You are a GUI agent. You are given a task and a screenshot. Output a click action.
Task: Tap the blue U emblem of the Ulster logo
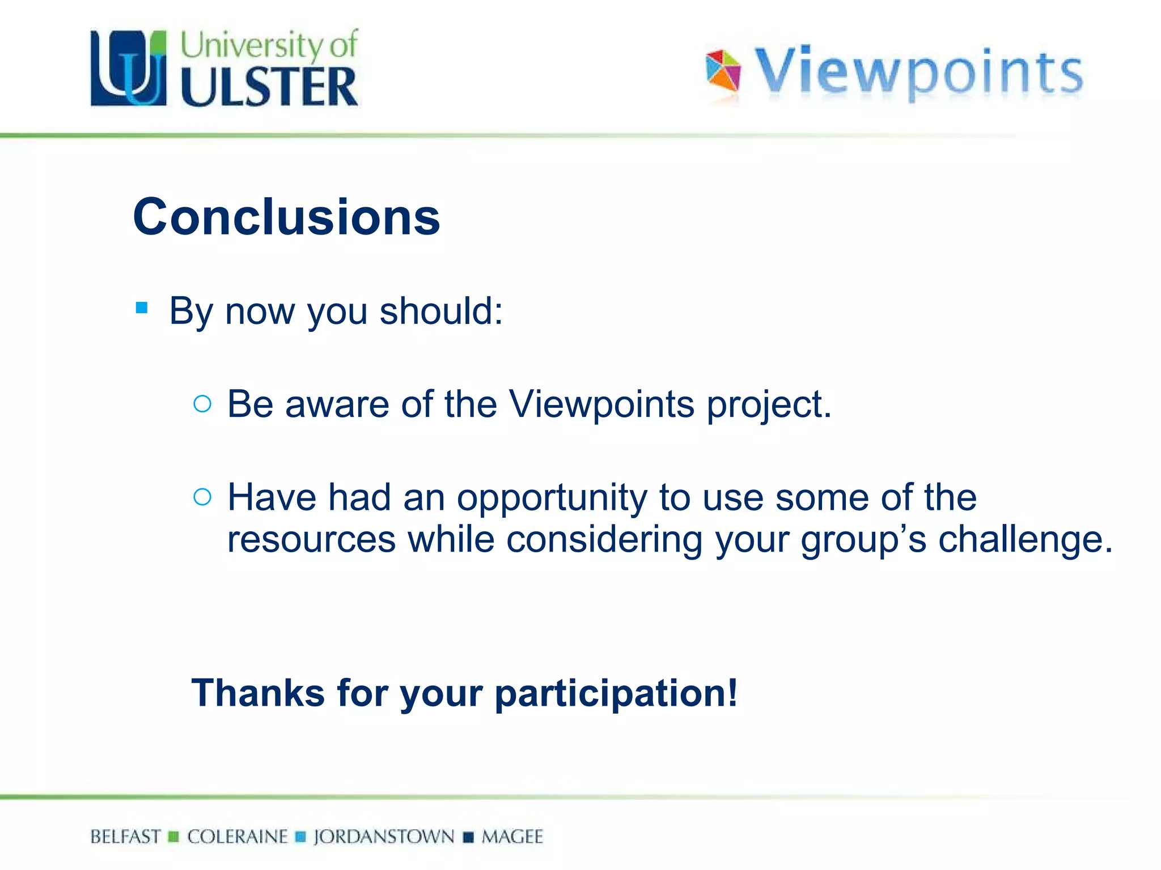click(x=129, y=69)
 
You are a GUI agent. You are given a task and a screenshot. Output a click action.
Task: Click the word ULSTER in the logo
click(x=269, y=87)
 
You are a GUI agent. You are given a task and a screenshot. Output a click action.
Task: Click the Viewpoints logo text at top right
click(x=918, y=72)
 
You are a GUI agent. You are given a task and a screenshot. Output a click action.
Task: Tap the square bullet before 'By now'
click(x=142, y=308)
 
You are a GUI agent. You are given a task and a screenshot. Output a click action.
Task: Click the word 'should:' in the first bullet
click(x=441, y=312)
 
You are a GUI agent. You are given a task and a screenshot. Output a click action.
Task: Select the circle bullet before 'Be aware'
click(x=202, y=404)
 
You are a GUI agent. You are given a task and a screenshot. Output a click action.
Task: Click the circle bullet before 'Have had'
click(x=202, y=497)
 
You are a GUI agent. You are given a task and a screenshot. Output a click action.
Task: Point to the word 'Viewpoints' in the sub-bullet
click(x=601, y=405)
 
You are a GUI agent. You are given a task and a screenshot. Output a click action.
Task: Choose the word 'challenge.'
click(x=1026, y=540)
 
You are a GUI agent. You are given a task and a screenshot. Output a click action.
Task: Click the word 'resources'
click(x=311, y=540)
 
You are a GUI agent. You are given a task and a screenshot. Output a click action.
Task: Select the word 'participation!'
click(x=616, y=694)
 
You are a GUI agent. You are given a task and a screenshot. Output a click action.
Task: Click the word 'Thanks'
click(x=258, y=693)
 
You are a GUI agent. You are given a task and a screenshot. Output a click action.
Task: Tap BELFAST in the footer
click(x=125, y=837)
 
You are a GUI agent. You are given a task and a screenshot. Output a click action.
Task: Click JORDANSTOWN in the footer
click(x=384, y=837)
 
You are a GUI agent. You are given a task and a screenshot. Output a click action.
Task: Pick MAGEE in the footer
click(x=512, y=837)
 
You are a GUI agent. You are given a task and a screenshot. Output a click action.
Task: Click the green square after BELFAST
click(x=174, y=837)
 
